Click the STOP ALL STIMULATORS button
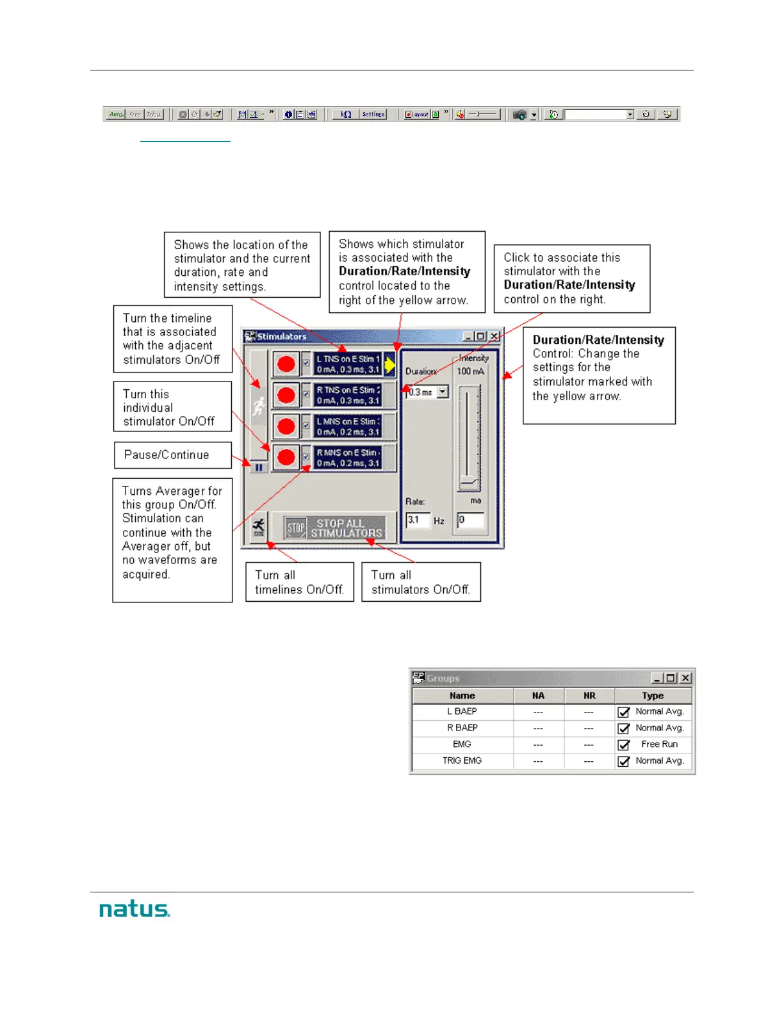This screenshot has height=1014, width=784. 335,528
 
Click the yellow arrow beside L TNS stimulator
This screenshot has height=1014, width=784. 390,365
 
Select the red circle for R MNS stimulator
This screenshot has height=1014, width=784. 286,458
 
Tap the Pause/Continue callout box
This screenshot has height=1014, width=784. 172,455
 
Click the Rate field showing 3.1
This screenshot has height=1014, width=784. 417,520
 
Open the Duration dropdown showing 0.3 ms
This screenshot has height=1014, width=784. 443,392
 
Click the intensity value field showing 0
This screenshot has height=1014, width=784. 471,520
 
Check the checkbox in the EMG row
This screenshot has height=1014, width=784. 623,745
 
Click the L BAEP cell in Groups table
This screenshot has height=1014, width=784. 462,711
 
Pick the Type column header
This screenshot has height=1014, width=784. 653,696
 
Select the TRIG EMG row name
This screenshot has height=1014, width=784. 462,761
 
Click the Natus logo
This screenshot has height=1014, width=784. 135,909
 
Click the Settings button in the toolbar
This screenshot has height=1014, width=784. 373,115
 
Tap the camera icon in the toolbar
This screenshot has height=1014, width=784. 519,115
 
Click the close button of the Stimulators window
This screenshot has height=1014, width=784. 494,336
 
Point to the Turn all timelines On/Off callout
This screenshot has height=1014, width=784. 299,582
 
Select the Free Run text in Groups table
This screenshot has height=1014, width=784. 659,744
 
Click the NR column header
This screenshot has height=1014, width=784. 589,696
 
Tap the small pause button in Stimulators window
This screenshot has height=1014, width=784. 259,468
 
